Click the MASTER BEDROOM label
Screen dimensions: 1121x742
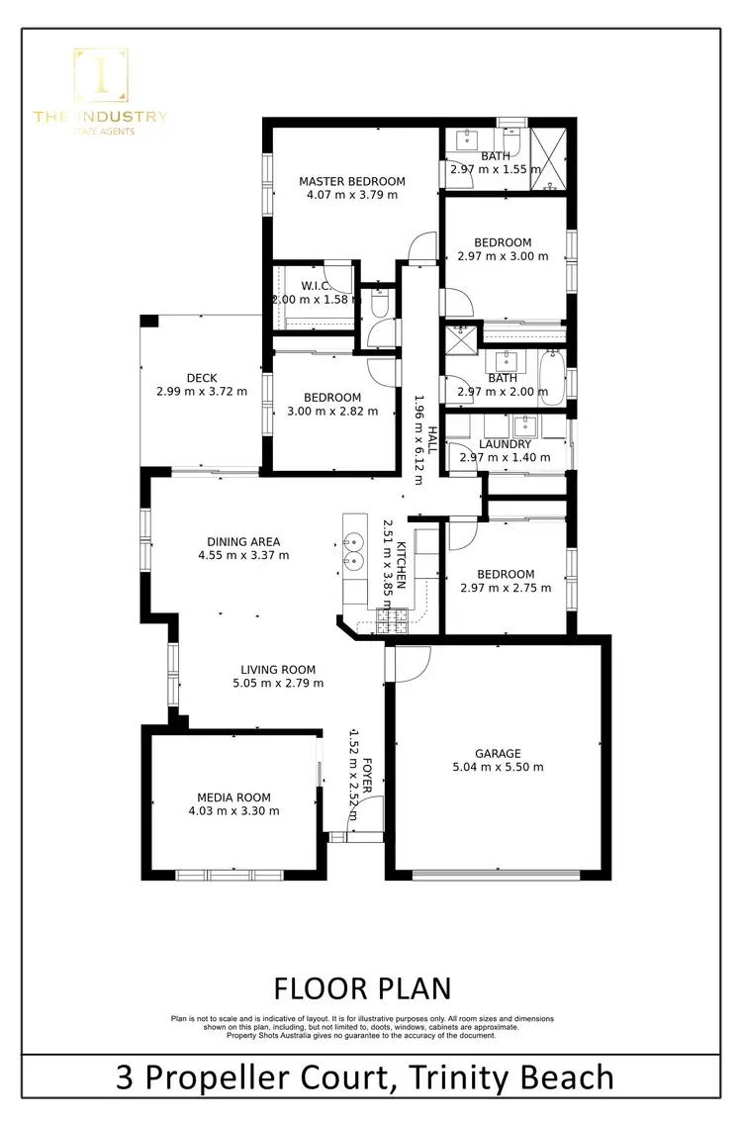(352, 181)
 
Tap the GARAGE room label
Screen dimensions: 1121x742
(498, 753)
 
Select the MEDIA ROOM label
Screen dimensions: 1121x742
(233, 797)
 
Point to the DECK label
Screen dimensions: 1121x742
(202, 378)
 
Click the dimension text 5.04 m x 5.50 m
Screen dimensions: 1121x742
(498, 767)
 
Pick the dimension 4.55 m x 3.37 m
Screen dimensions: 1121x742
(243, 555)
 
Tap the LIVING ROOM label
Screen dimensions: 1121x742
(278, 670)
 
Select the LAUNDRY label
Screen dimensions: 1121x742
(506, 444)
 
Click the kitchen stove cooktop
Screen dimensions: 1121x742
(392, 620)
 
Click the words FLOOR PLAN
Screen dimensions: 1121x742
(362, 987)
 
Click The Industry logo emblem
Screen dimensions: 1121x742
(101, 75)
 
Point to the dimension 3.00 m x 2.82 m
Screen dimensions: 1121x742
(332, 412)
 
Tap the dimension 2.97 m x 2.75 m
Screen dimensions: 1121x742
(506, 588)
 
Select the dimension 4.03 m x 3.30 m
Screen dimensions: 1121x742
(233, 811)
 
